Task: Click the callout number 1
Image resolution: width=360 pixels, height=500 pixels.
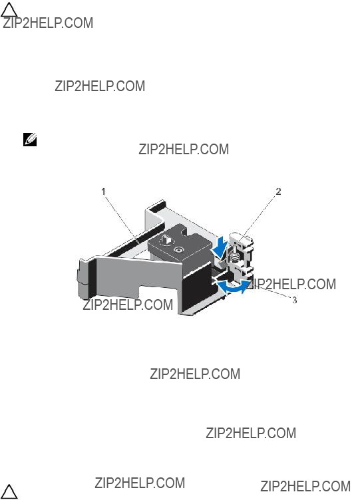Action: click(x=103, y=191)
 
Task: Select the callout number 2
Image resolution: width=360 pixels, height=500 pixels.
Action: click(x=278, y=191)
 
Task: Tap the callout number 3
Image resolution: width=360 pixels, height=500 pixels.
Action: click(x=294, y=300)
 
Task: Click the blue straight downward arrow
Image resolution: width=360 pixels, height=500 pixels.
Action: click(x=222, y=249)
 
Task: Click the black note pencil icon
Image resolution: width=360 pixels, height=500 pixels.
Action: click(x=30, y=140)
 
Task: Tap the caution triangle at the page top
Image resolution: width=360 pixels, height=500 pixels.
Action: click(x=9, y=10)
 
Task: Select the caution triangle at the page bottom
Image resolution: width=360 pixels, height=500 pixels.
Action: click(x=9, y=492)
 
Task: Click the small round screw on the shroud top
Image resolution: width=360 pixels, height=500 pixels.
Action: click(x=177, y=250)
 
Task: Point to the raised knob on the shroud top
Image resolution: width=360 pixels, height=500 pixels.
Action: click(x=166, y=239)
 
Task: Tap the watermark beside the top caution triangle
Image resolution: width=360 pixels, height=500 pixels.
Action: click(x=48, y=23)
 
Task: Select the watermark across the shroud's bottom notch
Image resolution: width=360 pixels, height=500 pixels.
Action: click(x=128, y=305)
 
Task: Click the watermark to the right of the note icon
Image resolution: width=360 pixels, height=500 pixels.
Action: click(x=184, y=149)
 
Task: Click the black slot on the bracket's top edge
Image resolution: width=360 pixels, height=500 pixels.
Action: click(x=158, y=206)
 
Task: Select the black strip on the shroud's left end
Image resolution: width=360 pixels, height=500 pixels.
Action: click(x=92, y=277)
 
